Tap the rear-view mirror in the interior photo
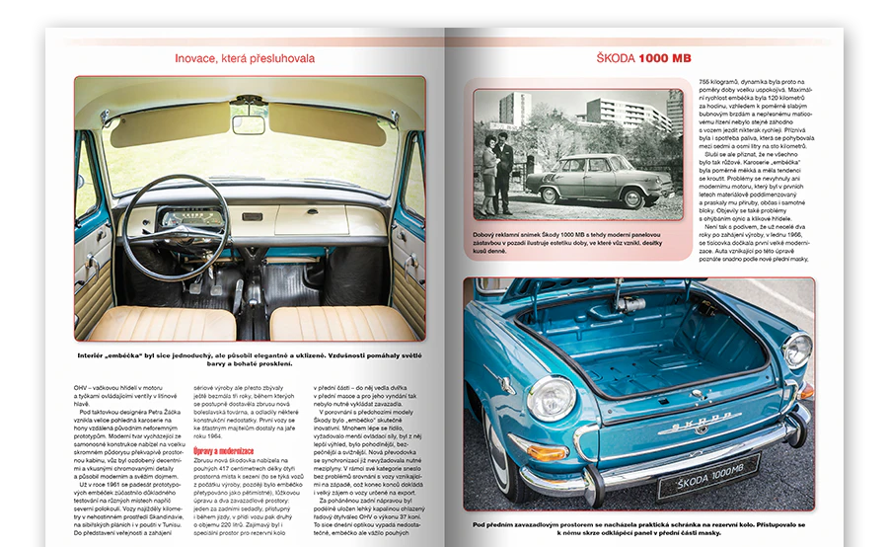(x=248, y=121)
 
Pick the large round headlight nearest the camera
(x=550, y=398)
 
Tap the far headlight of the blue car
(x=796, y=351)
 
